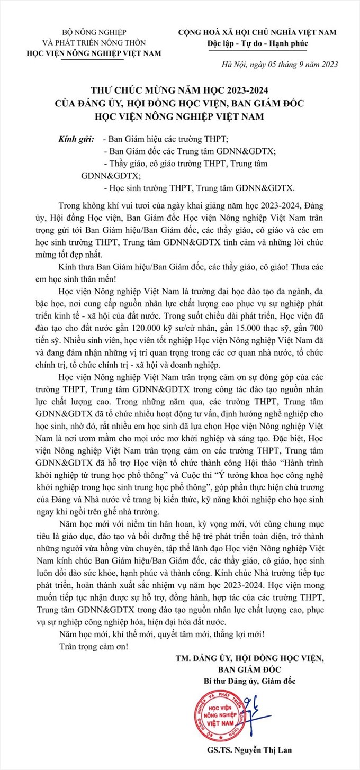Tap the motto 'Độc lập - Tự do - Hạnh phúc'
tap(257, 43)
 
